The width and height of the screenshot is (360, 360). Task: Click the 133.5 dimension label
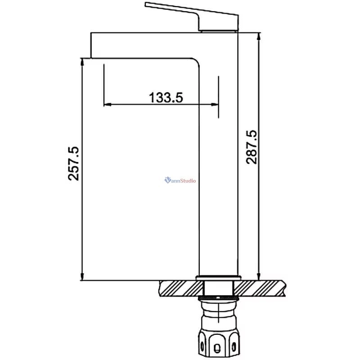tap(166, 97)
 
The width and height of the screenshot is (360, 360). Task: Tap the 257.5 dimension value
tap(74, 163)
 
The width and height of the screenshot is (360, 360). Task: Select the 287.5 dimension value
tap(252, 147)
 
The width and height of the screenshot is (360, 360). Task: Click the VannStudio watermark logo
tap(180, 180)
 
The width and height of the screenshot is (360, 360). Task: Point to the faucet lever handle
tap(195, 16)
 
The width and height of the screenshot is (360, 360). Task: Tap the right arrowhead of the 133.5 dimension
tap(215, 104)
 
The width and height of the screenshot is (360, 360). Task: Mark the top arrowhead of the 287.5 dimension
tap(259, 37)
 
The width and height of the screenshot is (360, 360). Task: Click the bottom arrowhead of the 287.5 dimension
tap(259, 276)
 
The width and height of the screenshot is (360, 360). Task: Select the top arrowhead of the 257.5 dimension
tap(82, 62)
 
